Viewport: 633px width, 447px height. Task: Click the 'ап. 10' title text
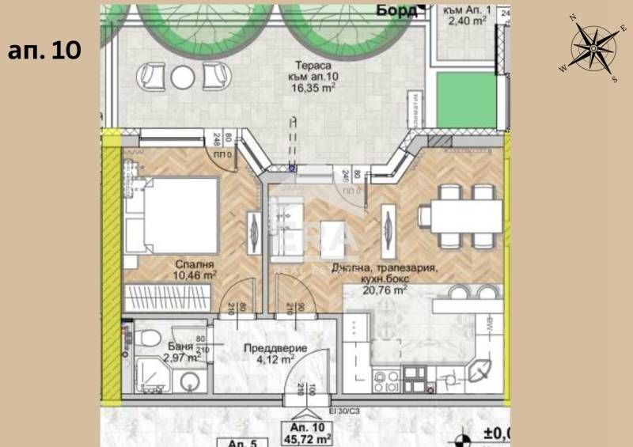point(44,50)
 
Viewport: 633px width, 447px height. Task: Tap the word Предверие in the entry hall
point(265,346)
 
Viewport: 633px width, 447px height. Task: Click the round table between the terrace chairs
point(182,75)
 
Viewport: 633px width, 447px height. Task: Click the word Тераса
point(309,67)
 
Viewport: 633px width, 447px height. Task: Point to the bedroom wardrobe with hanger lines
point(165,300)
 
